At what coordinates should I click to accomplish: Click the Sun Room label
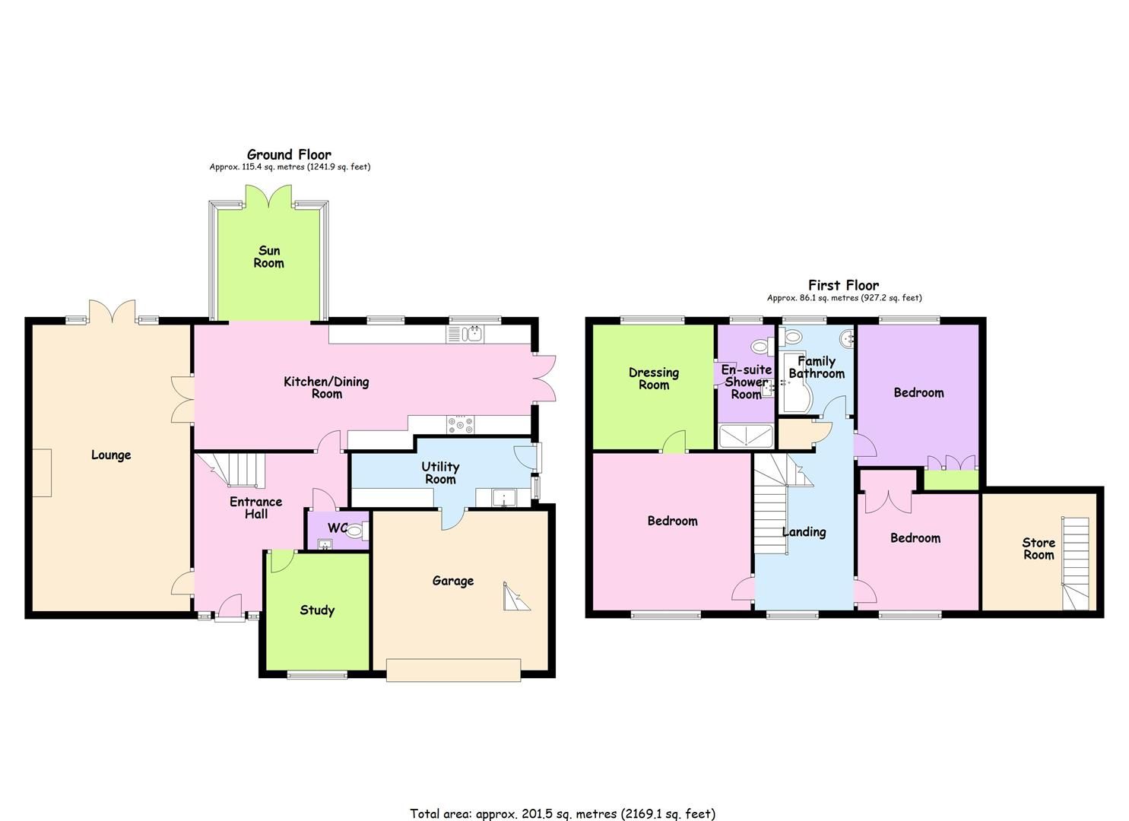(269, 257)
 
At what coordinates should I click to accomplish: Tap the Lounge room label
(111, 455)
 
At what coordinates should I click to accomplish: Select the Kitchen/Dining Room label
(326, 388)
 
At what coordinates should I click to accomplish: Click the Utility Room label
(440, 473)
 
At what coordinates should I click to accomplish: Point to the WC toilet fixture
(354, 534)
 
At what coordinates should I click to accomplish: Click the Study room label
(317, 610)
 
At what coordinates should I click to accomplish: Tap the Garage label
(453, 582)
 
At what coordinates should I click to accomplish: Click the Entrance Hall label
(256, 508)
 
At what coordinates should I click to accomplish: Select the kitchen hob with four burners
(461, 425)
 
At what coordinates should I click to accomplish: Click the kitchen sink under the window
(474, 334)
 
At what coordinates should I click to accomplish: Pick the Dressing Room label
(654, 379)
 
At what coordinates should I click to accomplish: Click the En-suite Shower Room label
(746, 382)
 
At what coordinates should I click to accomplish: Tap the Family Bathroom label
(817, 367)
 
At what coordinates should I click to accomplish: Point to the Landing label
(804, 532)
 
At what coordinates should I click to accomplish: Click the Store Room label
(1039, 549)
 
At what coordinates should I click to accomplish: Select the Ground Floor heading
(290, 155)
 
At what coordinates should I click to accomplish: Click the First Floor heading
(844, 286)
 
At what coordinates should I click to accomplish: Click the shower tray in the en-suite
(747, 436)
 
